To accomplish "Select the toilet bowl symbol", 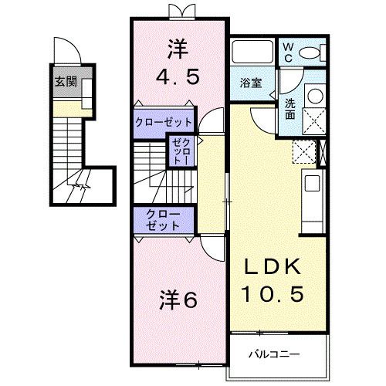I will click(x=313, y=52).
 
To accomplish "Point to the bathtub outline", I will click(x=253, y=52).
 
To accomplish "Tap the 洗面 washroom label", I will click(x=289, y=108).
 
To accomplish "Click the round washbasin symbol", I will click(x=315, y=96).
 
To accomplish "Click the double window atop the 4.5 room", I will click(x=179, y=11).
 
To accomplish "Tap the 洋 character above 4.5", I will click(x=178, y=49).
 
